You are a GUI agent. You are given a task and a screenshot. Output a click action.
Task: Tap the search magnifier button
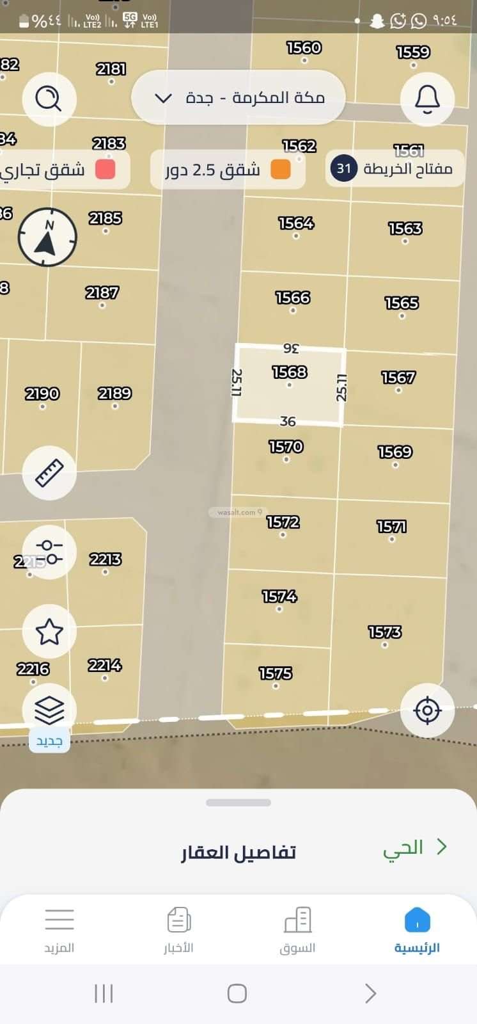tap(49, 99)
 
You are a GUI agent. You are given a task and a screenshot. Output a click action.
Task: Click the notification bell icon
tap(427, 99)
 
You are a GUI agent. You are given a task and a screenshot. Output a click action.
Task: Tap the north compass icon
tap(47, 237)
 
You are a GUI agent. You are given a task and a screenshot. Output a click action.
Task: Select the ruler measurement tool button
tap(49, 473)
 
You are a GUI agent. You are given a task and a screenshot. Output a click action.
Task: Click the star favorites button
tap(49, 632)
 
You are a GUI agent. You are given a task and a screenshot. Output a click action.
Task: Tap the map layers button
tap(49, 710)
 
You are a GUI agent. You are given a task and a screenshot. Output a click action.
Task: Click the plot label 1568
tap(290, 372)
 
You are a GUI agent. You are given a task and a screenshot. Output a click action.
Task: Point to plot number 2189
tap(115, 393)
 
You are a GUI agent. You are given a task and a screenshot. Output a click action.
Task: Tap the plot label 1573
tap(385, 632)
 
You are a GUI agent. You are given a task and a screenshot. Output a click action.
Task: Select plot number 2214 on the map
tap(105, 666)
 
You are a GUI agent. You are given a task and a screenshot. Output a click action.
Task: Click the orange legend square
tap(280, 170)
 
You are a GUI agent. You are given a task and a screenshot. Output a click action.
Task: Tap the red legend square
tap(105, 170)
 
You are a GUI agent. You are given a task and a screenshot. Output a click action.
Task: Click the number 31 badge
tap(344, 168)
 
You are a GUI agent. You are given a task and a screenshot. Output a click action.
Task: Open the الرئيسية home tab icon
tap(417, 920)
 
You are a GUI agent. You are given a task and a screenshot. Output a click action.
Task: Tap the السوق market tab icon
tap(297, 920)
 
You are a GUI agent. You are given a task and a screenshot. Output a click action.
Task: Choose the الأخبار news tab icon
tap(178, 920)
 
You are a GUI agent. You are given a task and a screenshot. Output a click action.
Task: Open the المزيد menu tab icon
tap(59, 920)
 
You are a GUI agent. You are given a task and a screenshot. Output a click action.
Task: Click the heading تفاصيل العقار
tap(238, 852)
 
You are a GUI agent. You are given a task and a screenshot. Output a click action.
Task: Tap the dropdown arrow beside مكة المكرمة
tap(164, 98)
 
